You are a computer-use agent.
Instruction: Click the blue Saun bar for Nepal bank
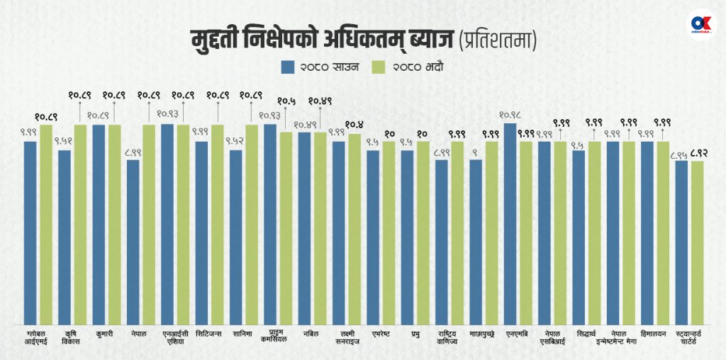coord(133,241)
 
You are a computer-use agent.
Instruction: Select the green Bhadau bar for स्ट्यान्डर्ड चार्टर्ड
coord(698,241)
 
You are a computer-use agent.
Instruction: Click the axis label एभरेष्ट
coord(380,331)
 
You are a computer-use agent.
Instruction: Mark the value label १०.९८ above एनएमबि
coord(510,114)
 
